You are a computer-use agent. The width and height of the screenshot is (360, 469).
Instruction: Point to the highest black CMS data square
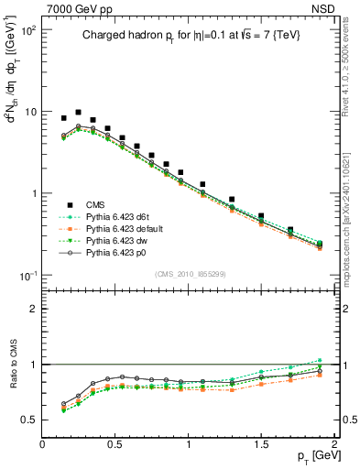78,112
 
